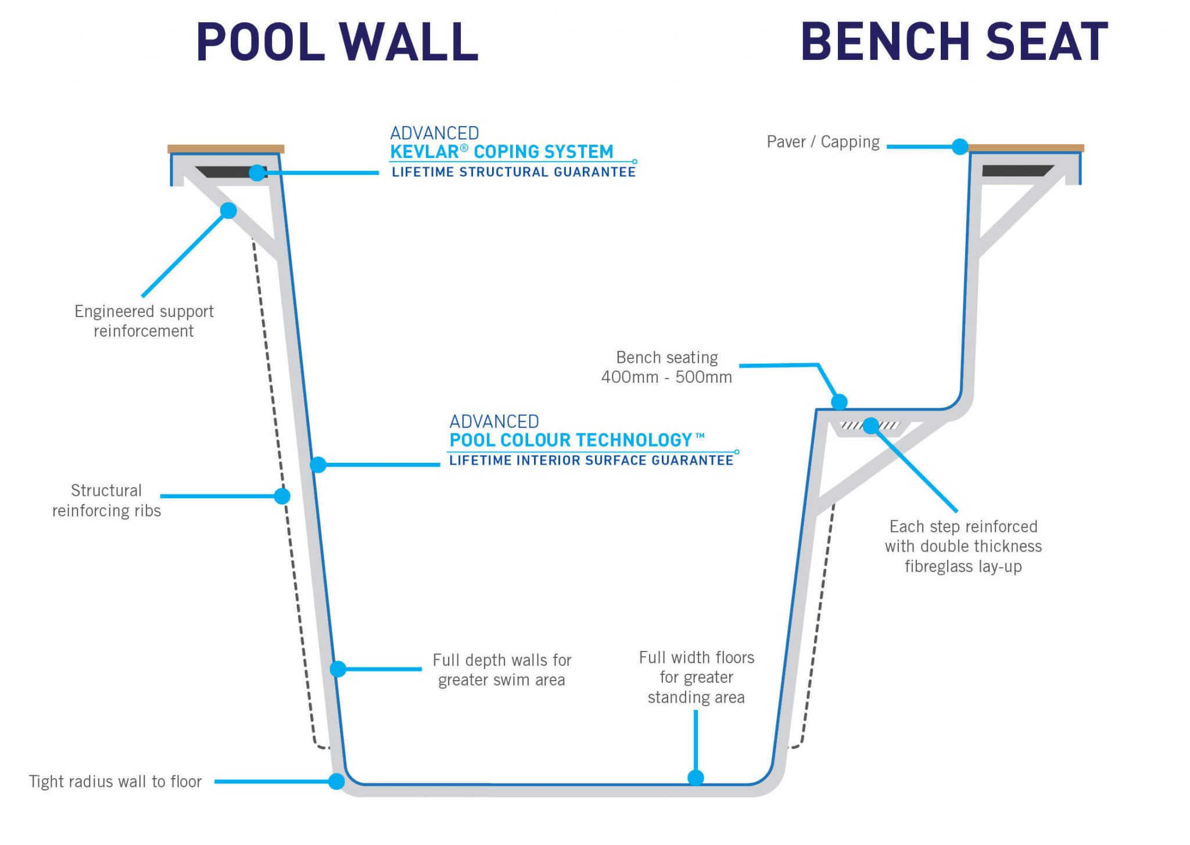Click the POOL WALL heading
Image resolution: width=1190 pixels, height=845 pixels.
point(337,42)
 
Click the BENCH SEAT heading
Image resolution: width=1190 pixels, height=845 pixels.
point(954,42)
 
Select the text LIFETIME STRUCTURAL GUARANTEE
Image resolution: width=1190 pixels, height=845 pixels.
point(514,172)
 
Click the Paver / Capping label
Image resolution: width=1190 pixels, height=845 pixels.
point(823,142)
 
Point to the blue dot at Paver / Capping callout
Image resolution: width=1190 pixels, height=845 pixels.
point(960,147)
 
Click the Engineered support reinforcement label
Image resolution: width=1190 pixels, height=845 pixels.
point(144,321)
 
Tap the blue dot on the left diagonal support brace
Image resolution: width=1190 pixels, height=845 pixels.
point(228,210)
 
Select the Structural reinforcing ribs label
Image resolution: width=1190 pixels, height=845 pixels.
point(106,501)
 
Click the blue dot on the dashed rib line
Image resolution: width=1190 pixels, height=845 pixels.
point(282,496)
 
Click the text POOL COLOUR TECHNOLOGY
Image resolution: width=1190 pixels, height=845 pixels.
point(571,440)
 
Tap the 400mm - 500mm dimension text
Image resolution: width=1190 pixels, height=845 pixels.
point(666,377)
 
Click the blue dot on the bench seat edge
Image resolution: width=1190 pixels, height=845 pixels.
point(839,401)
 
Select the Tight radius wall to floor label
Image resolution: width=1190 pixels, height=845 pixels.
point(116,782)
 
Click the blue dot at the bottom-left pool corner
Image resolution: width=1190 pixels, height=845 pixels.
point(336,782)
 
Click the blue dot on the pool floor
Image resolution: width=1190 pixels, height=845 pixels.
point(696,778)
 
